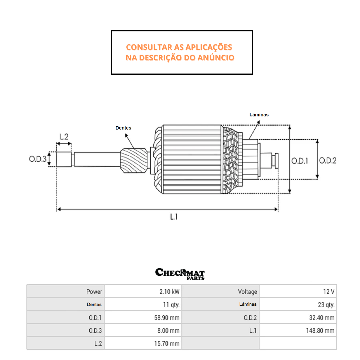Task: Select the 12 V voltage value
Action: [x=328, y=292]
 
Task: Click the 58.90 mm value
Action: [x=166, y=318]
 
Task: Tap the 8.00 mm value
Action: [x=168, y=331]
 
